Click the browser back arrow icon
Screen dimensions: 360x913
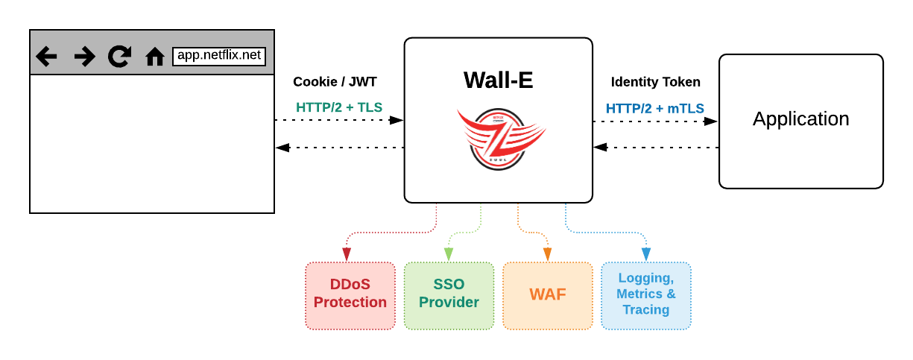(46, 57)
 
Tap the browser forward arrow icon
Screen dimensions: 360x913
(84, 57)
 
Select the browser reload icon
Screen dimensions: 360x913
(119, 57)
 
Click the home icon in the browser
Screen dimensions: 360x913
(154, 57)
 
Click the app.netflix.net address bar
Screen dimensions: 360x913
(219, 56)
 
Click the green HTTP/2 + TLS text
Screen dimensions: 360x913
(339, 107)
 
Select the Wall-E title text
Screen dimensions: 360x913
(498, 80)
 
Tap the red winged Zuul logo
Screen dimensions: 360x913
(499, 138)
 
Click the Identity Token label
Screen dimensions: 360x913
(656, 82)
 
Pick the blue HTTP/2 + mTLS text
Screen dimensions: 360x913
(656, 108)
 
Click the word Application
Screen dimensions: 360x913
(800, 119)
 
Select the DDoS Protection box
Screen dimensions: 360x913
(350, 295)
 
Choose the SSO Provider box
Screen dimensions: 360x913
(449, 295)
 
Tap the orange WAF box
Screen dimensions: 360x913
(547, 295)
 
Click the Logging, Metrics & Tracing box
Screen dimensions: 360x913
(646, 295)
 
